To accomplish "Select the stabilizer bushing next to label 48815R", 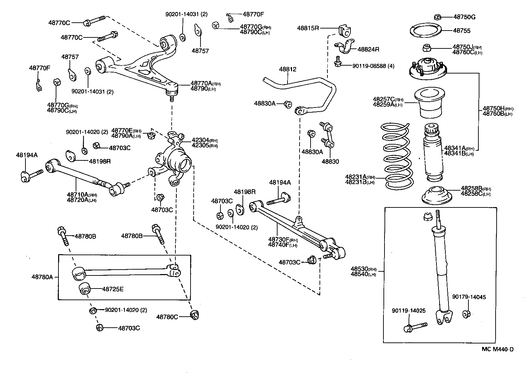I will (344, 30).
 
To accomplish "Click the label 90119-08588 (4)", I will (373, 66).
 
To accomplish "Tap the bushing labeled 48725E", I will (84, 289).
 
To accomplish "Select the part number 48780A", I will (42, 276).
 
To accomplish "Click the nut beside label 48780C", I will (195, 315).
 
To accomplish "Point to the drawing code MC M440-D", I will (497, 349).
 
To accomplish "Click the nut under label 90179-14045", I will (467, 314).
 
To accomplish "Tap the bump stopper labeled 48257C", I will (429, 103).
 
